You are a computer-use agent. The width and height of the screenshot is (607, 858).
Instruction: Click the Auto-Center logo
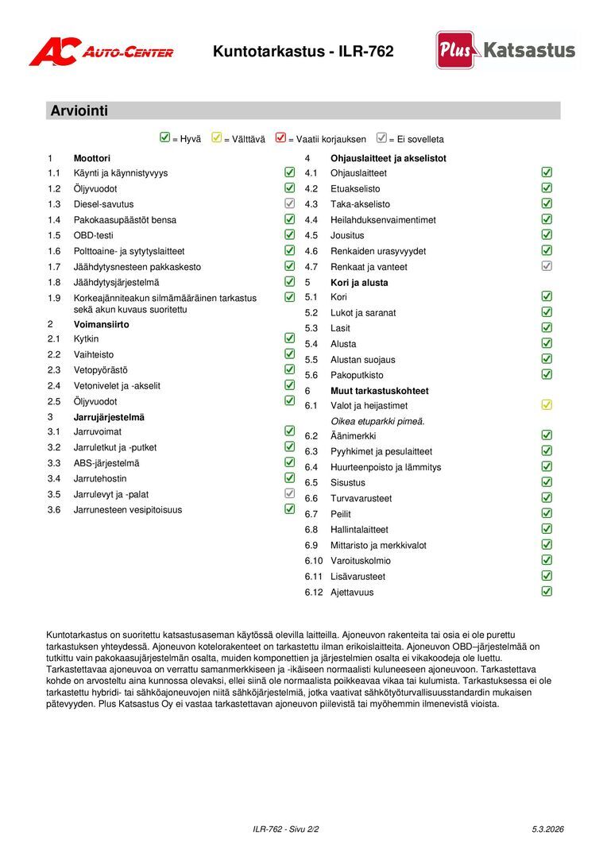[x=101, y=52]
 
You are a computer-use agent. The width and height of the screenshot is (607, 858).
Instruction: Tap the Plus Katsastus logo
[x=505, y=50]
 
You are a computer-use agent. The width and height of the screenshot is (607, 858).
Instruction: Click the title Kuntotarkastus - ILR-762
[x=303, y=52]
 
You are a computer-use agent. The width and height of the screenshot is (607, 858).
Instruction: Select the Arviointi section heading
[x=79, y=110]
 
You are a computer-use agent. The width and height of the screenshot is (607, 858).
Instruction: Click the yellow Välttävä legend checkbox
[x=217, y=137]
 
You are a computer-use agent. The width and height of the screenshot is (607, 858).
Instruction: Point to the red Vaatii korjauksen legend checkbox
[x=280, y=137]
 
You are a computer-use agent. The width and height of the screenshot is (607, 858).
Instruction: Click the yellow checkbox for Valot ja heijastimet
[x=547, y=404]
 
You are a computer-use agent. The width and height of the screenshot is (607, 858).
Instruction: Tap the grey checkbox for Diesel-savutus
[x=290, y=203]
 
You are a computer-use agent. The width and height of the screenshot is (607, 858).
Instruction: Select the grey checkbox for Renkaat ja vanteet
[x=547, y=265]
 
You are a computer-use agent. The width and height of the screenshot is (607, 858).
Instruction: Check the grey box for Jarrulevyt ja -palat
[x=290, y=493]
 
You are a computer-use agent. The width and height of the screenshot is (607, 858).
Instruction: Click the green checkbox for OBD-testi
[x=290, y=234]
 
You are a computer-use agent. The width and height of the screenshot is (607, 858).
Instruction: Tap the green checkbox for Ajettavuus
[x=547, y=591]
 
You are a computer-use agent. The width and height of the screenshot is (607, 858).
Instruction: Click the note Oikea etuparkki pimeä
[x=377, y=421]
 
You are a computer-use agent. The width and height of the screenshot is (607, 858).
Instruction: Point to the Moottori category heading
[x=92, y=158]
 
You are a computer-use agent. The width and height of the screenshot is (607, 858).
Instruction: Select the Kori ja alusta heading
[x=359, y=282]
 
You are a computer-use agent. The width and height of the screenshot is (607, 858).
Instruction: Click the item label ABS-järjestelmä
[x=106, y=463]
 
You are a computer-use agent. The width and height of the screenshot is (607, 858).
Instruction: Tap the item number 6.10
[x=314, y=561]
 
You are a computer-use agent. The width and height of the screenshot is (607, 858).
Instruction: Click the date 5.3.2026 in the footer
[x=547, y=829]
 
